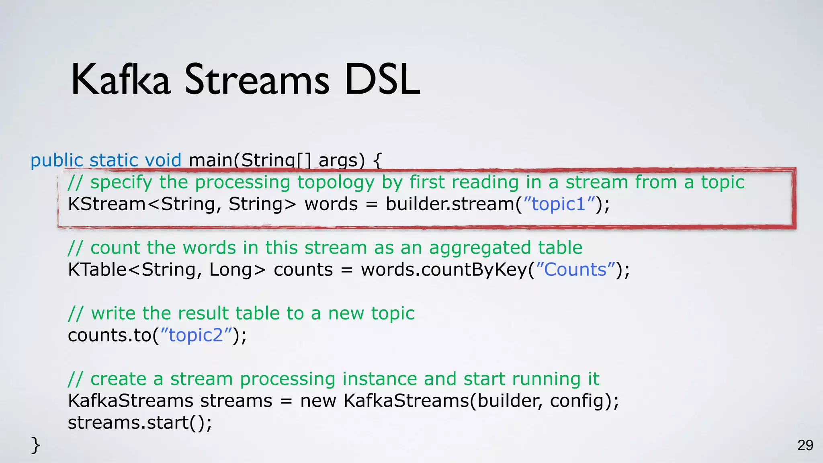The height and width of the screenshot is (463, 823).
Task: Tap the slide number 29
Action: pyautogui.click(x=805, y=445)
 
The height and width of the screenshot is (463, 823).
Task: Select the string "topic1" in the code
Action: pyautogui.click(x=559, y=204)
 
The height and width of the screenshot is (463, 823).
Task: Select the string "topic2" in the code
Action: pyautogui.click(x=196, y=335)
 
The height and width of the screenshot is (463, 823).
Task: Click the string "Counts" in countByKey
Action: pyautogui.click(x=575, y=270)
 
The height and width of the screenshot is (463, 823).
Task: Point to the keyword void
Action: pyautogui.click(x=163, y=160)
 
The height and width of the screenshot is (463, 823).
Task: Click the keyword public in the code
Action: pyautogui.click(x=57, y=160)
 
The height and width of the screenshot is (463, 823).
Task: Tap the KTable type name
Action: pyautogui.click(x=97, y=270)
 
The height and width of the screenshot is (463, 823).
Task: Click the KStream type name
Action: pyautogui.click(x=106, y=204)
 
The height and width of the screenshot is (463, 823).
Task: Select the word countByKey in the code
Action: pyautogui.click(x=474, y=270)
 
